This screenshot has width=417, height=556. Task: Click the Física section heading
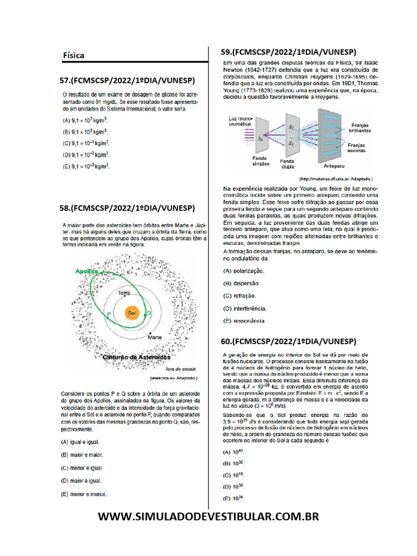click(x=73, y=55)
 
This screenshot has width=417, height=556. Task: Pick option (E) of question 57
click(x=86, y=167)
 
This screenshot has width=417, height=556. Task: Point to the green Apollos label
click(x=87, y=270)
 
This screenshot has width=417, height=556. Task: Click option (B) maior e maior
click(x=82, y=455)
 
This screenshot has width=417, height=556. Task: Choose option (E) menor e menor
click(x=84, y=494)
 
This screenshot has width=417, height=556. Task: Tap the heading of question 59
click(x=288, y=52)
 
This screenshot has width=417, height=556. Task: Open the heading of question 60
click(x=288, y=341)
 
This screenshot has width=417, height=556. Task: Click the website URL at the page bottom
click(x=208, y=516)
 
